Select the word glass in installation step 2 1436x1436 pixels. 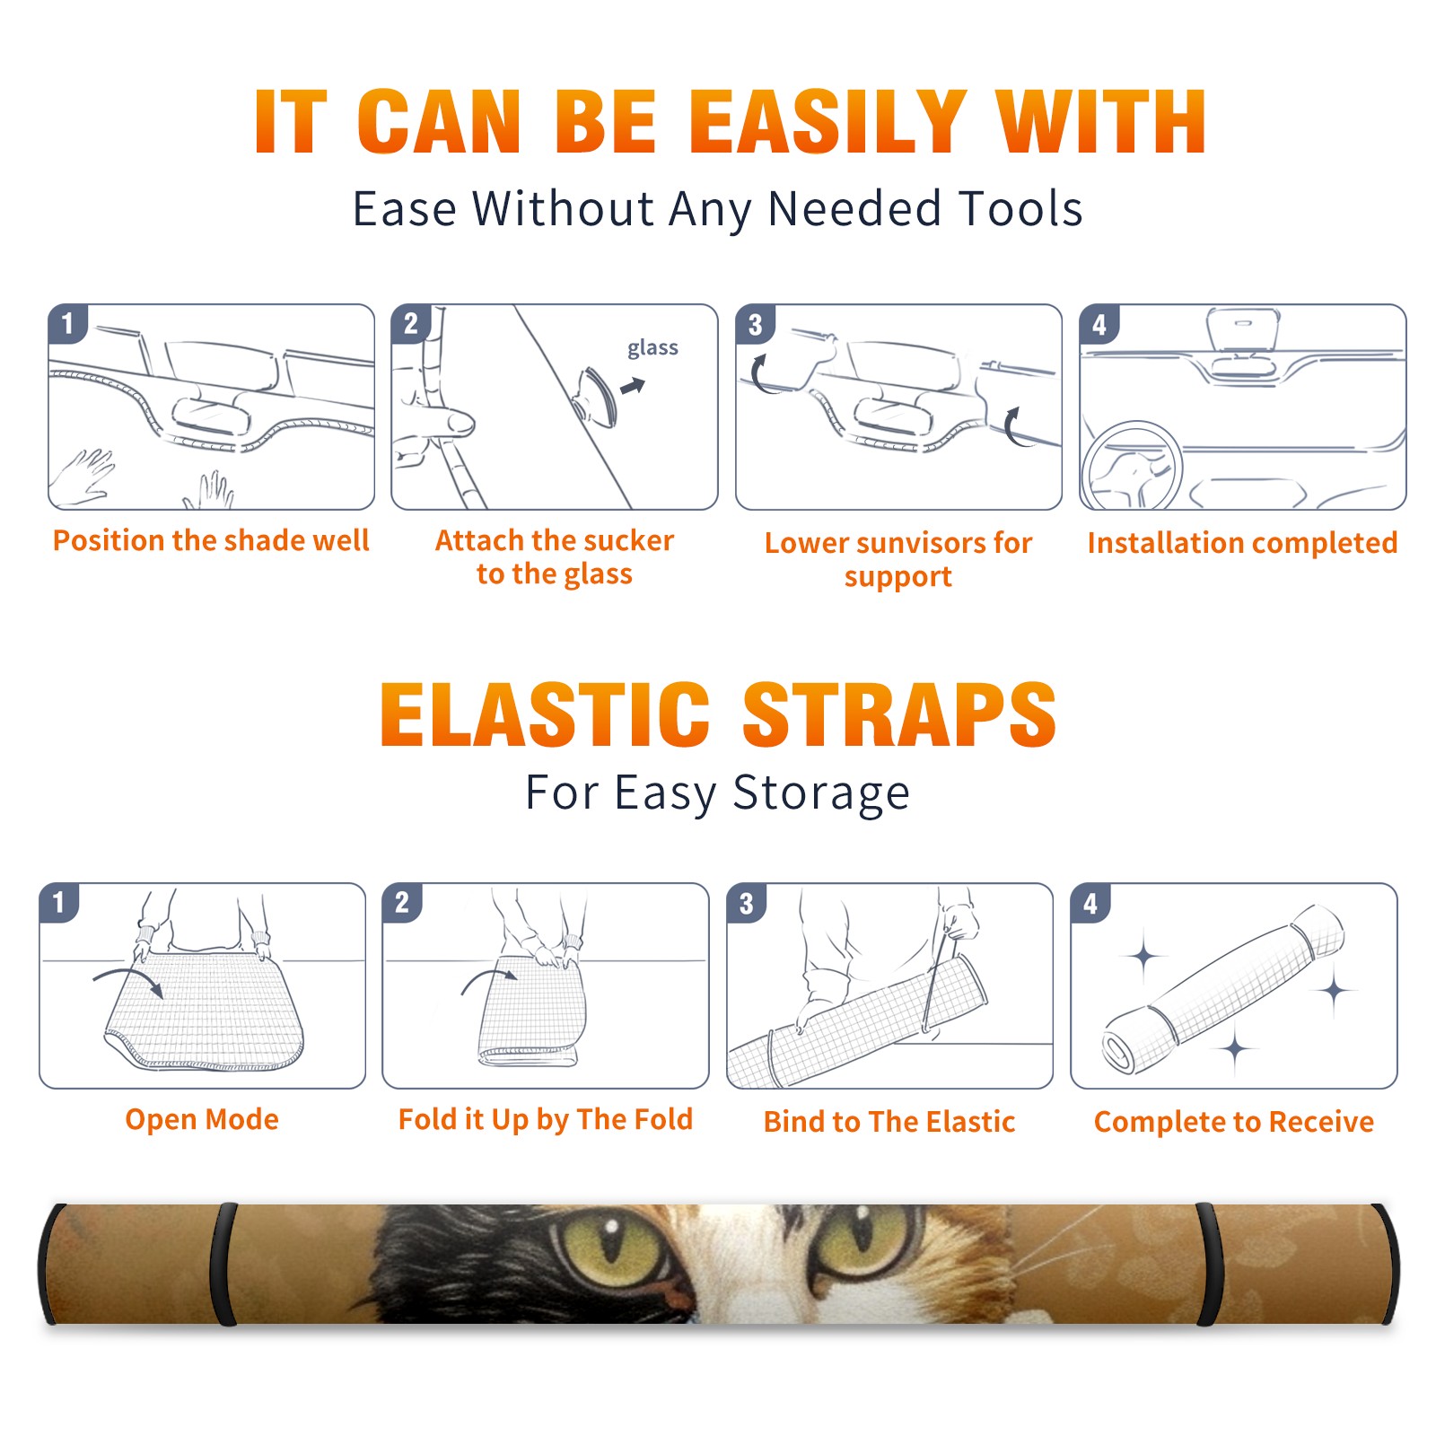(652, 348)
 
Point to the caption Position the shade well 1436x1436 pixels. (211, 540)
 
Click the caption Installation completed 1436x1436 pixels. (1242, 542)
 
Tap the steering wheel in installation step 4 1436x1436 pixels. (1132, 467)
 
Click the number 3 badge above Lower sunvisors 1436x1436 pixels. (755, 324)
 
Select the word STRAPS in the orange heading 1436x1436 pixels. (900, 714)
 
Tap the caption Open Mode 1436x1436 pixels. (202, 1119)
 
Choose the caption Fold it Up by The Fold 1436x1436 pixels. (546, 1119)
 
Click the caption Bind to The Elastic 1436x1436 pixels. (889, 1122)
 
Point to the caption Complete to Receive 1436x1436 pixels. (1234, 1122)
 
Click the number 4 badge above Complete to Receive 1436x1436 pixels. (1090, 903)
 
